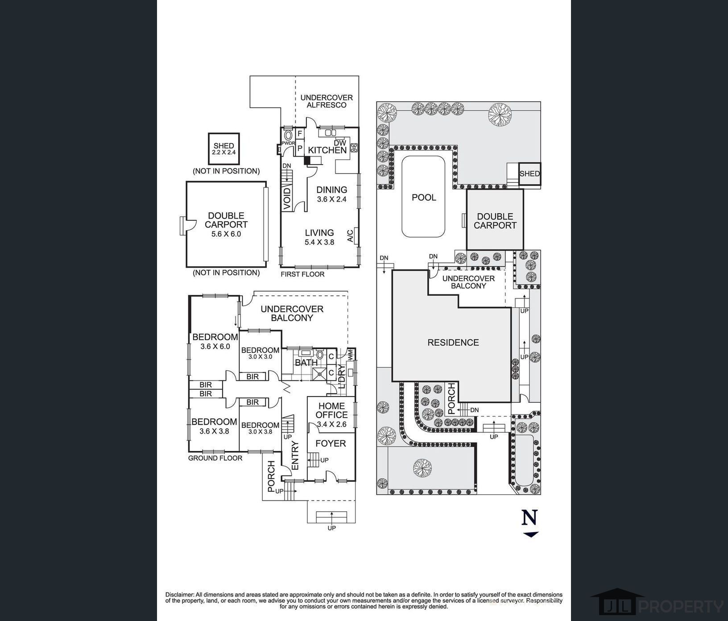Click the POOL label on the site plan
coord(424,198)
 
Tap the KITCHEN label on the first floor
coord(327,150)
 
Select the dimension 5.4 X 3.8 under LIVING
coord(319,242)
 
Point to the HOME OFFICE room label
coord(331,410)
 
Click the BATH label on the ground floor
coord(306,363)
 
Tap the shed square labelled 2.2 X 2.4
coord(224,149)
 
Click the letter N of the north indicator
coord(529,517)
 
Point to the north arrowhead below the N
coord(531,534)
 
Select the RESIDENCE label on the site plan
coord(453,343)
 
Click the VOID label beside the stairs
coord(287,199)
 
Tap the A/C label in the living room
coord(350,235)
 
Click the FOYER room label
coord(331,443)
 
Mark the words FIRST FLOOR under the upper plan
coord(302,274)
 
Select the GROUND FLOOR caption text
coord(215,458)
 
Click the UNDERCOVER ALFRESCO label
coord(327,101)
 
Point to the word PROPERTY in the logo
coord(681,606)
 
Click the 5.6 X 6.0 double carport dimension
coord(226,234)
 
